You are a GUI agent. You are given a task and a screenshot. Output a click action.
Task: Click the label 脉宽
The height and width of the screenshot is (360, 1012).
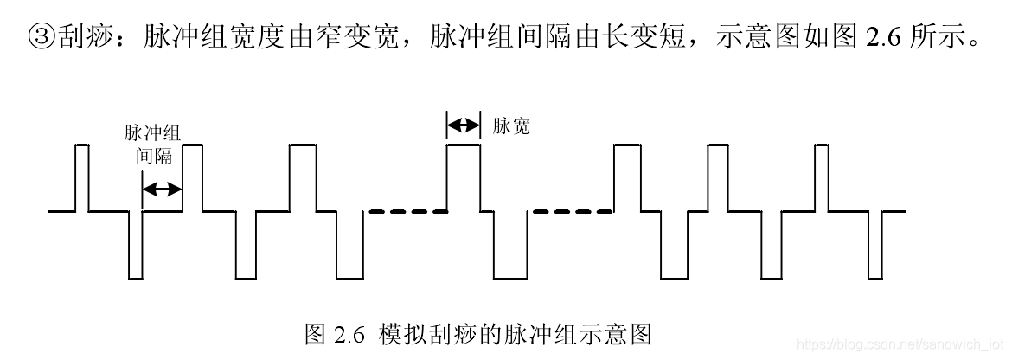tap(511, 126)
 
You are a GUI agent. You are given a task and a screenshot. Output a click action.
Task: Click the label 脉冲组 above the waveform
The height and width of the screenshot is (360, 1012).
tap(152, 133)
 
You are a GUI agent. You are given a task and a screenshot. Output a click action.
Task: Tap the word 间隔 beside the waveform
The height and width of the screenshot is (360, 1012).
tap(153, 157)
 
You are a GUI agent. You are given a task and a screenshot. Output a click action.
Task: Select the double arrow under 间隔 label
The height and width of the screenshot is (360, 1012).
tap(162, 189)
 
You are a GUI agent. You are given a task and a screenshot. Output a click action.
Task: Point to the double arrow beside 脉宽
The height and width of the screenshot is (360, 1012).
tap(463, 125)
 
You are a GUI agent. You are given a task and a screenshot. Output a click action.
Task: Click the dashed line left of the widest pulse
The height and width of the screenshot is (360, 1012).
tap(407, 210)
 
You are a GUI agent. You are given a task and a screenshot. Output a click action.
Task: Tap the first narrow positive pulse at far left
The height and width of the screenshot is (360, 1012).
tap(82, 177)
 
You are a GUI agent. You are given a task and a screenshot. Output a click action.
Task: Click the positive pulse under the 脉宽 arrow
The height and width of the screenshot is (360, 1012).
tap(463, 177)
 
